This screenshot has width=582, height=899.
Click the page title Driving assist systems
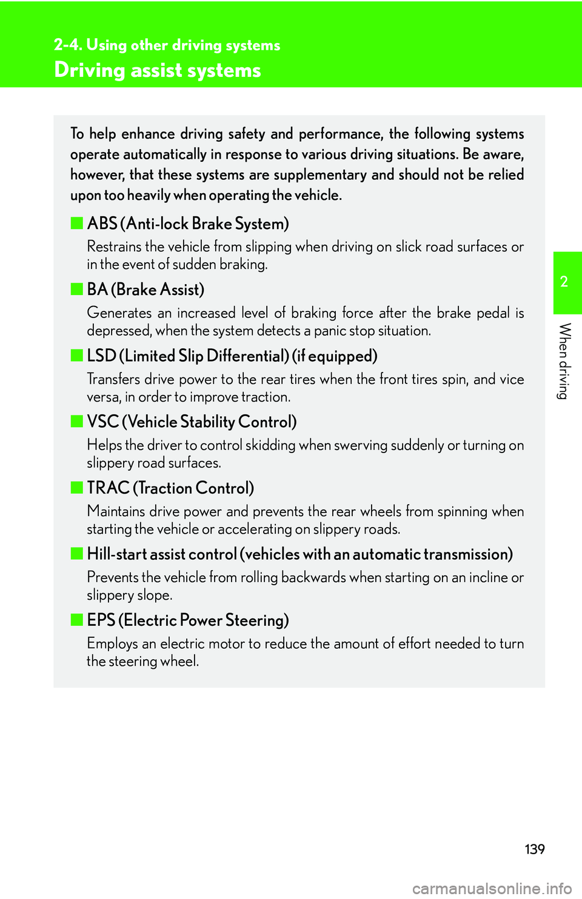pos(158,70)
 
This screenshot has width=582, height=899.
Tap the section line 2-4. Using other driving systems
pos(167,45)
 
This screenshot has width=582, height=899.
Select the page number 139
pos(534,849)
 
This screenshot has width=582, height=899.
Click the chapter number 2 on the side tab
pos(564,282)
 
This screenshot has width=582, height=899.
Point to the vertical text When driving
pos(564,361)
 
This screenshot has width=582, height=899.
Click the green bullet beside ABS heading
pos(76,224)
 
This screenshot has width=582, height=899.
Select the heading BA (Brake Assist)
pos(145,290)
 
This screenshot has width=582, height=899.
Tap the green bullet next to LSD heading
pos(76,356)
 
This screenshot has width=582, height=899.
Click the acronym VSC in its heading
pos(102,422)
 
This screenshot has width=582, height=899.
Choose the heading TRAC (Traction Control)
pos(170,488)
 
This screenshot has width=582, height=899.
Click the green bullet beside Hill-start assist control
pos(76,554)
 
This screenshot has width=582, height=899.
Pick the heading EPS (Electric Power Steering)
pos(188,620)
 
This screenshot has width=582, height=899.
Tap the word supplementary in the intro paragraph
pos(319,174)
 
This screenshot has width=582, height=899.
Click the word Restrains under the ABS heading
pos(114,247)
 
